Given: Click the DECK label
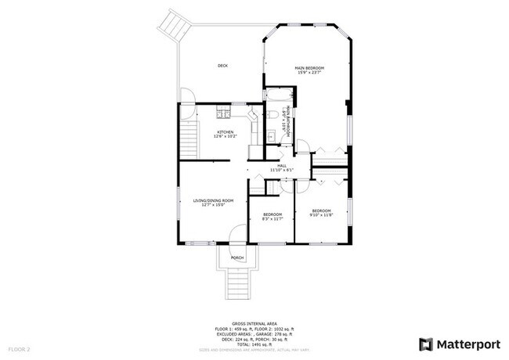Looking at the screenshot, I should [x=222, y=66].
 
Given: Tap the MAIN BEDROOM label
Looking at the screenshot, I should [x=309, y=68].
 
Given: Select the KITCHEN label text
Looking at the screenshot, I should [x=225, y=132].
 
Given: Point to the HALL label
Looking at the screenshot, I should [x=281, y=165].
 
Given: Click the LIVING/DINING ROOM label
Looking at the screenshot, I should [x=213, y=201].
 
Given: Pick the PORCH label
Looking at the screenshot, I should [x=236, y=257].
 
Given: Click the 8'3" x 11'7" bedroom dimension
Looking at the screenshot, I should [x=272, y=218].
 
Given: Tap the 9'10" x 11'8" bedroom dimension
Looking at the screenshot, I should [x=321, y=214].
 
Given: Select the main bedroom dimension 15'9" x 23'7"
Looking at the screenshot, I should [x=309, y=74].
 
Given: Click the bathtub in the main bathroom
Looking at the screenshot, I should [x=276, y=98].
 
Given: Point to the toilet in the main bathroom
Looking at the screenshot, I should [x=271, y=114].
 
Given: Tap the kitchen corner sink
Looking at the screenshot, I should [x=252, y=116].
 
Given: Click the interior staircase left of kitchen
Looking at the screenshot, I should [x=188, y=139].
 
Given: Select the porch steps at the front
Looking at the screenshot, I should [x=236, y=283].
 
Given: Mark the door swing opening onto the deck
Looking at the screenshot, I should [x=188, y=96].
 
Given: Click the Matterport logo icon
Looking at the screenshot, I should [x=426, y=344].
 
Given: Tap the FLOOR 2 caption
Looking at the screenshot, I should [x=19, y=348].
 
